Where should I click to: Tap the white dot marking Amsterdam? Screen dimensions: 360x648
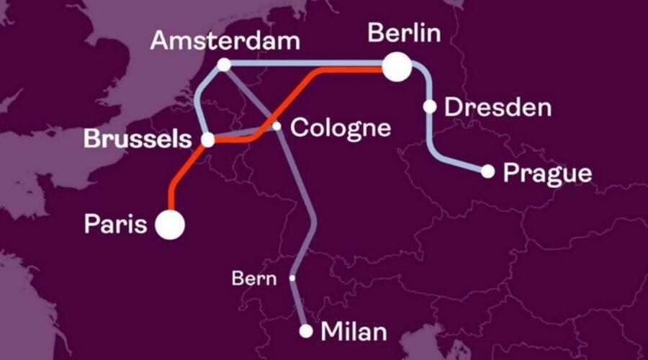click(x=224, y=65)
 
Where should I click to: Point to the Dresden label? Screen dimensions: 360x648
click(x=498, y=108)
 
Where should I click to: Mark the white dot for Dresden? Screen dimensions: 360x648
click(x=430, y=107)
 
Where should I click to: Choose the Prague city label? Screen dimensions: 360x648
click(x=547, y=173)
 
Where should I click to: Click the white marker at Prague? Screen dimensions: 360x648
click(x=487, y=171)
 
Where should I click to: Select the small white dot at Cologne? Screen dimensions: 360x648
click(x=276, y=126)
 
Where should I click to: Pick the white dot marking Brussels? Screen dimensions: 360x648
click(x=207, y=141)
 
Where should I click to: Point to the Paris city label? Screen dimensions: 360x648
click(x=117, y=224)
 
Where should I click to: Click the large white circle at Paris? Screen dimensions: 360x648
click(x=171, y=225)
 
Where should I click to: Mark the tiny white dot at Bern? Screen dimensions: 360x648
click(x=292, y=277)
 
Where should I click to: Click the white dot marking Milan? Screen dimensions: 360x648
click(x=306, y=331)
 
